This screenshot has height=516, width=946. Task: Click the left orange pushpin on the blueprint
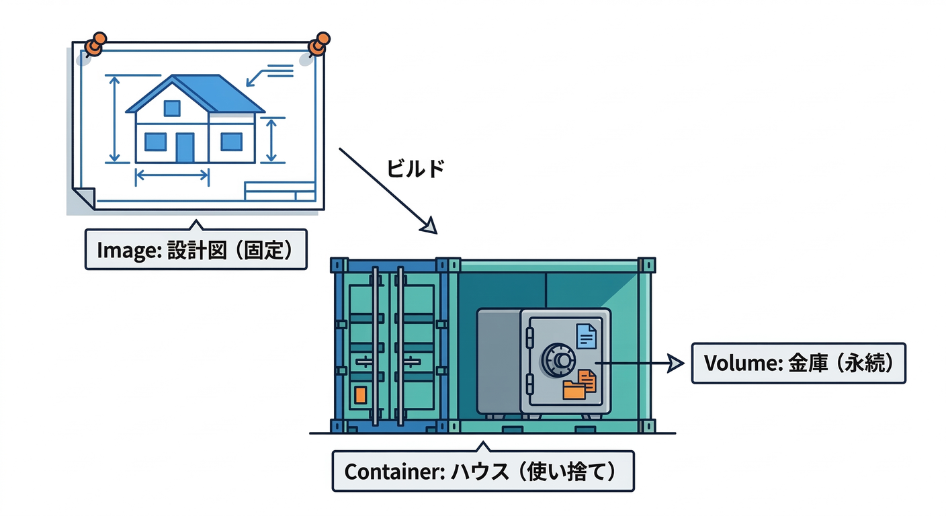97,44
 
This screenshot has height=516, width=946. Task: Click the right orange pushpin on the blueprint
319,43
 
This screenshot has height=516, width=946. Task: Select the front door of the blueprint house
185,147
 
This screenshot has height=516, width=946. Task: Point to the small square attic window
172,108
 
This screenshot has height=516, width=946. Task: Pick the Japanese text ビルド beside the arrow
415,169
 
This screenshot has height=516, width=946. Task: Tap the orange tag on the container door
361,394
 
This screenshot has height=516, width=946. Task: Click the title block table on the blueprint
279,191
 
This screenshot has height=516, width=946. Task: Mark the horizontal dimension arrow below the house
173,177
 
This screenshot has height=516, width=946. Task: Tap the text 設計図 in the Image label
191,250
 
